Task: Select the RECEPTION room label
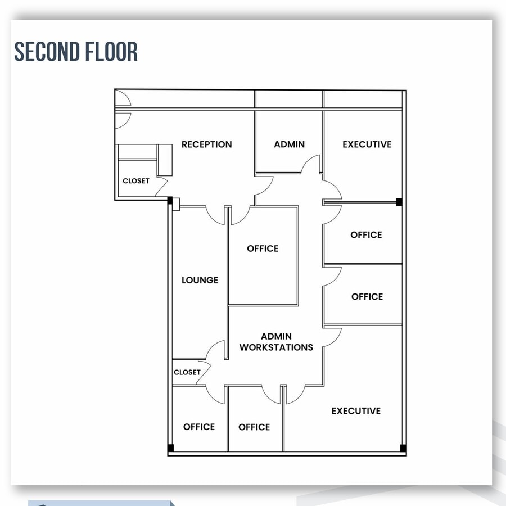[206, 144]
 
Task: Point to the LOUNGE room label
[200, 280]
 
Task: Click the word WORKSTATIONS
[276, 347]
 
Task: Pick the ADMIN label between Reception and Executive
[289, 144]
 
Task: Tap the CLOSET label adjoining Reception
[136, 181]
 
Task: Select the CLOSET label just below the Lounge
[187, 372]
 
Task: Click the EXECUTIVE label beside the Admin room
[367, 144]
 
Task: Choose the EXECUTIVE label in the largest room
[356, 411]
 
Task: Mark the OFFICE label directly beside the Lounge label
[263, 249]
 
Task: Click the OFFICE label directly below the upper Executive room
[366, 235]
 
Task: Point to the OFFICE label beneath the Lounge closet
[199, 427]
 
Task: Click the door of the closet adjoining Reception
[162, 183]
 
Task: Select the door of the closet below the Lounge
[204, 369]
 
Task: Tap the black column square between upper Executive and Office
[399, 202]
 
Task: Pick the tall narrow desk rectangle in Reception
[165, 160]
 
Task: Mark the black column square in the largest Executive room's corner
[403, 448]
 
